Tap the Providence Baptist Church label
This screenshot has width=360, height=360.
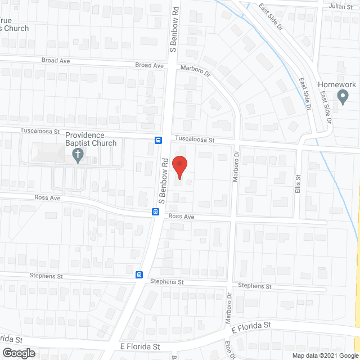91,139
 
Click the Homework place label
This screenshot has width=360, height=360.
337,84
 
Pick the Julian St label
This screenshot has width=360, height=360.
339,7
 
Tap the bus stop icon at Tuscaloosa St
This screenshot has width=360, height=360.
159,140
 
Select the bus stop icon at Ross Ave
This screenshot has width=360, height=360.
154,211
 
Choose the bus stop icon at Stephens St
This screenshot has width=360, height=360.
138,274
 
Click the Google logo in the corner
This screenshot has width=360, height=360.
18,353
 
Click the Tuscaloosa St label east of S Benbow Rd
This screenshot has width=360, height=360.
195,138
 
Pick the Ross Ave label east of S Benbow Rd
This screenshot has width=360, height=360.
181,217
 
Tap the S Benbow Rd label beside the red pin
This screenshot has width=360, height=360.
163,181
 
